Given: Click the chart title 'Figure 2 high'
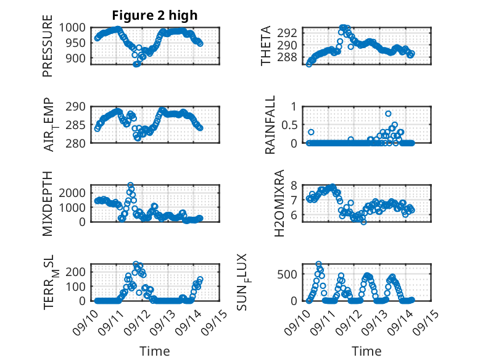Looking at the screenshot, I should pyautogui.click(x=154, y=15).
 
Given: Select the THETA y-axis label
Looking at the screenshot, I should pyautogui.click(x=266, y=46).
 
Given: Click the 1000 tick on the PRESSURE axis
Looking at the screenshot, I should pyautogui.click(x=77, y=28).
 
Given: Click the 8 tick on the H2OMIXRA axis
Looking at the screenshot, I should pyautogui.click(x=295, y=185).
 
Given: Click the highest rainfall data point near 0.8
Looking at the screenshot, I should pyautogui.click(x=388, y=114).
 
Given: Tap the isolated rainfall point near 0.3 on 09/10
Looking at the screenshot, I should pyautogui.click(x=312, y=132).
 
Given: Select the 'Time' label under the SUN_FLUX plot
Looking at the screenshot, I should pyautogui.click(x=366, y=351).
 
